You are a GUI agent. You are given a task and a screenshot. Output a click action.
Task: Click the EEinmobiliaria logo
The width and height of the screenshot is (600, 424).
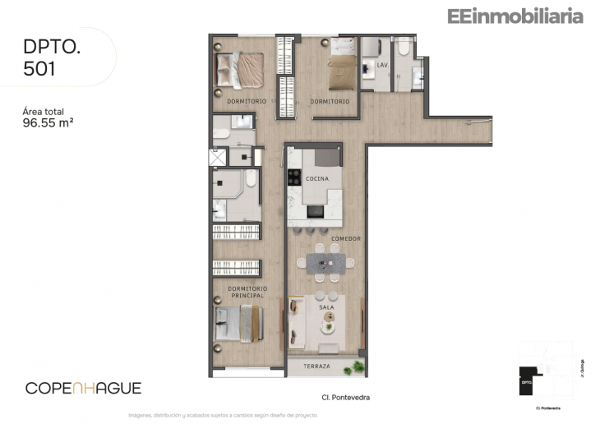coord(515,16)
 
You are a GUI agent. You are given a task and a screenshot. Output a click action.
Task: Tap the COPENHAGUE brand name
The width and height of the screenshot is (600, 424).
coord(83,388)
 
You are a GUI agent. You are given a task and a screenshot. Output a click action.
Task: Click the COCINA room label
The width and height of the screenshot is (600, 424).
coord(316,178)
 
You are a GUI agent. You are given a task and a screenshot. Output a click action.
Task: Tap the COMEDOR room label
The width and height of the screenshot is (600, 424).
coord(346,239)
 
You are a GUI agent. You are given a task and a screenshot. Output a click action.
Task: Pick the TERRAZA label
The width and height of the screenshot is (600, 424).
coord(316,366)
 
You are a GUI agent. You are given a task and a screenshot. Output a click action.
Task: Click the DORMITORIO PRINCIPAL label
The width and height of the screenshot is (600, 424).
coord(247,292)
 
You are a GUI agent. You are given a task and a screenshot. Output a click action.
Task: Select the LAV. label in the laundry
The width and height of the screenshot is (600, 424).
coord(382,64)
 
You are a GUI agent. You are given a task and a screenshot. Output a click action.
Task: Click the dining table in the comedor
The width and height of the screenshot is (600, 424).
coord(326,263)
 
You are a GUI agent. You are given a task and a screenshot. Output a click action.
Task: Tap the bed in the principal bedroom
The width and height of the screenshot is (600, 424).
coord(238,323)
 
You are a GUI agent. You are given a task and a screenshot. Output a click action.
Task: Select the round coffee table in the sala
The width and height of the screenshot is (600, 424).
coord(328,326)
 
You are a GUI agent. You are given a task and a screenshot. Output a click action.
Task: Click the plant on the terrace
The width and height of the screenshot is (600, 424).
coord(357,365)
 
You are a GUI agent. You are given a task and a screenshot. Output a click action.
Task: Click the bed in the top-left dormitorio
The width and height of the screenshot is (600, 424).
coord(239,69)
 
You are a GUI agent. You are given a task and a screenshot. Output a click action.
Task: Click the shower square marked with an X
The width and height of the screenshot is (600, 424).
coord(218,156)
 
